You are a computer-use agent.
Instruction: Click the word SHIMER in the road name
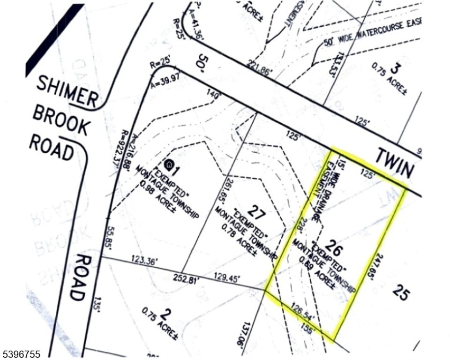[67, 91]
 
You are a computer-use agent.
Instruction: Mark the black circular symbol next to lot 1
[169, 165]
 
